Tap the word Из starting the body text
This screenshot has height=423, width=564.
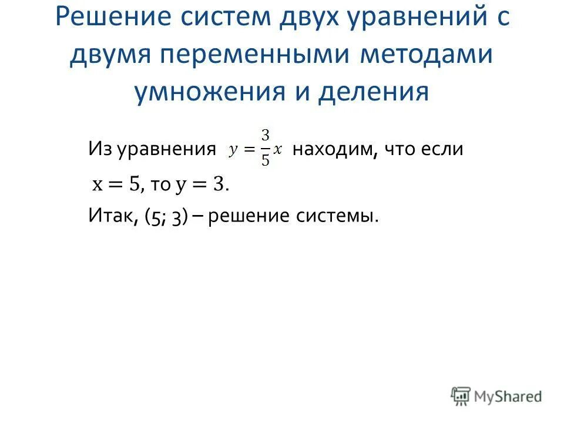point(100,149)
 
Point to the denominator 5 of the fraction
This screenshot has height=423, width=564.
point(266,160)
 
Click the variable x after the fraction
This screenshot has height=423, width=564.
point(278,149)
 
